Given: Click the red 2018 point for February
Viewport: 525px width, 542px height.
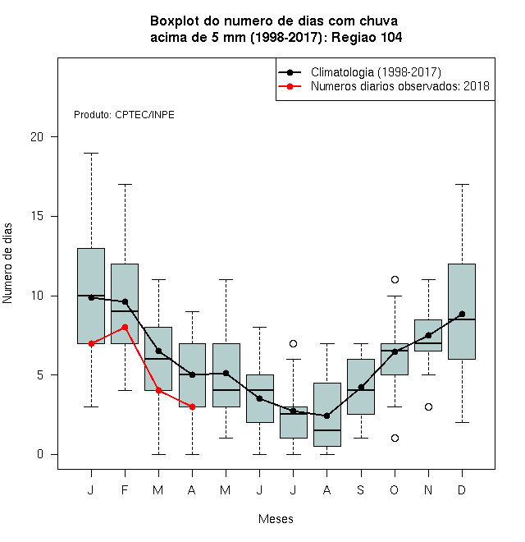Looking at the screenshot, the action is (125, 327).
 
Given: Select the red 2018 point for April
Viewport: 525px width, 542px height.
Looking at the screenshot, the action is (193, 406).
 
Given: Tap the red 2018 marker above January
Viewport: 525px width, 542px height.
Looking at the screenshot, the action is (92, 343).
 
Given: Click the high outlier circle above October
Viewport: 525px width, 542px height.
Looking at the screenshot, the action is (395, 279).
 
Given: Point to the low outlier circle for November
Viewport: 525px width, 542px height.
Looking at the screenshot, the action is (429, 406).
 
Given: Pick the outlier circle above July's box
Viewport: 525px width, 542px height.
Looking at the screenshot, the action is (293, 343).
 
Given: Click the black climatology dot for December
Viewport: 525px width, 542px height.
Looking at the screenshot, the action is (462, 314).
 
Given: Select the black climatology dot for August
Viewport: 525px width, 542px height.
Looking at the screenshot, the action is (327, 416).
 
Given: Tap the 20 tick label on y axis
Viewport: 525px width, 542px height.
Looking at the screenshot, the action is (37, 137).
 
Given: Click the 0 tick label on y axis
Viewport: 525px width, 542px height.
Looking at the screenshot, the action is (40, 454).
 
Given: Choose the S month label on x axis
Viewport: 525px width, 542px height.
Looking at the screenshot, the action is (361, 489).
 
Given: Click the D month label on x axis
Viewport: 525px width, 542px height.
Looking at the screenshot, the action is (462, 489).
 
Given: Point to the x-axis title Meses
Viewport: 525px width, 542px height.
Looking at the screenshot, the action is (276, 519).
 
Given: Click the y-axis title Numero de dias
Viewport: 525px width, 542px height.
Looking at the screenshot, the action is (7, 264).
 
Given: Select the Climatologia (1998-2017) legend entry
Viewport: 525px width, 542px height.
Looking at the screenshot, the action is (359, 72).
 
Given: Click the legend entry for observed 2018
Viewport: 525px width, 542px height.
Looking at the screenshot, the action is (384, 86).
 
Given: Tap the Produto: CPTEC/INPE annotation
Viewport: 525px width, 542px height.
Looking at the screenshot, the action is (124, 115).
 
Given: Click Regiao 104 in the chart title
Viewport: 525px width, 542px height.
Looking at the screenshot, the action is (367, 37).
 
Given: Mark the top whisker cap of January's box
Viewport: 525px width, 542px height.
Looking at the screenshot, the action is (92, 153).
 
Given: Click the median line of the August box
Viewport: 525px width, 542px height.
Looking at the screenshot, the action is (327, 430).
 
